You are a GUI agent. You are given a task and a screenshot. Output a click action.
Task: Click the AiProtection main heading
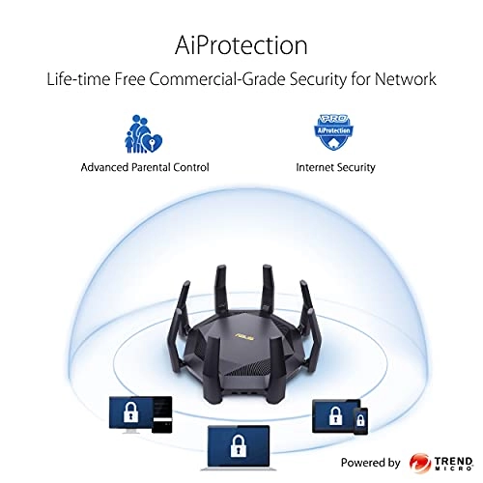point(241,45)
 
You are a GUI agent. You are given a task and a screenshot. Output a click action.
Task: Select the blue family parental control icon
point(143,133)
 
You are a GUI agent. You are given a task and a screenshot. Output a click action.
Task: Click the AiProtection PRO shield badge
point(334,132)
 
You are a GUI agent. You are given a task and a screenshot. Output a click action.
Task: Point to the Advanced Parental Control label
point(145,167)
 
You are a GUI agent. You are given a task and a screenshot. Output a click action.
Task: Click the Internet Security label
point(335,167)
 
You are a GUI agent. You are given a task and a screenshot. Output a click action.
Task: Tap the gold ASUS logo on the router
point(244,336)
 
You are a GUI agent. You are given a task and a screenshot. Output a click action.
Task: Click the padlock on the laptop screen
point(239,445)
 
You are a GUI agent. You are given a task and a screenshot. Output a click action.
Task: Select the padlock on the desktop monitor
point(130,412)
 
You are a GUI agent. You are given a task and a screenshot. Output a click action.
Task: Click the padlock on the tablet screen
point(335,415)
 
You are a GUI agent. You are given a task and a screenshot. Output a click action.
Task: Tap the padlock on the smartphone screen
point(360,420)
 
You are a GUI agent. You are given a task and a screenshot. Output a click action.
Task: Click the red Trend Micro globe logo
point(420,463)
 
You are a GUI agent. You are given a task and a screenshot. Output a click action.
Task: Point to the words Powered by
point(370,463)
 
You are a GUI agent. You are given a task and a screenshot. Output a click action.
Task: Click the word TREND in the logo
point(453,461)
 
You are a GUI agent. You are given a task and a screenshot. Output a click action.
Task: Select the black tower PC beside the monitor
point(162,415)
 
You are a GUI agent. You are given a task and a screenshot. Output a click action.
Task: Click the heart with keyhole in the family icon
point(152,143)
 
